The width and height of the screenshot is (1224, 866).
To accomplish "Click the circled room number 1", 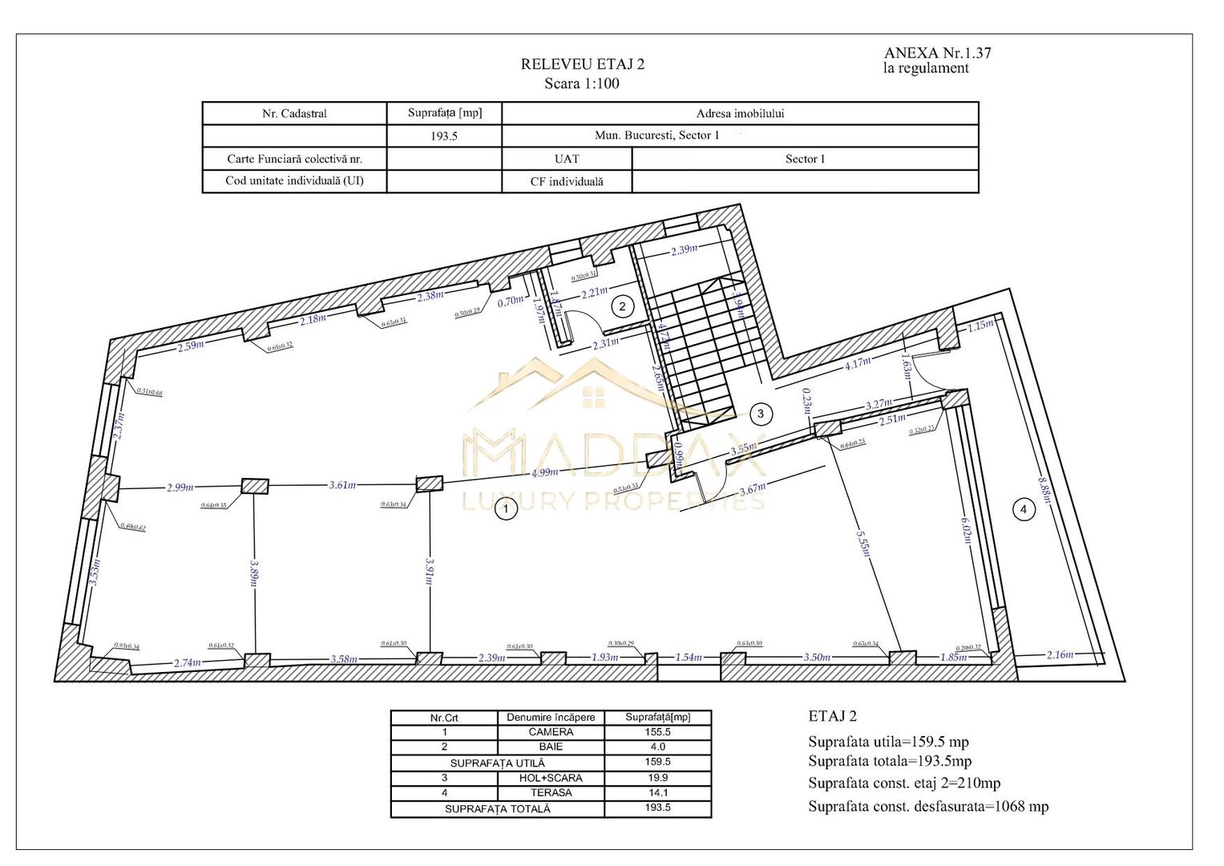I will (x=505, y=508).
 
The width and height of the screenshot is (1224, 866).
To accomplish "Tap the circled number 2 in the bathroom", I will (x=622, y=306).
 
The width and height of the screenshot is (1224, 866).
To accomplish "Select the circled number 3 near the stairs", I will (x=760, y=414).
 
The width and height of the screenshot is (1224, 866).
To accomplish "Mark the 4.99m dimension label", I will (x=546, y=472).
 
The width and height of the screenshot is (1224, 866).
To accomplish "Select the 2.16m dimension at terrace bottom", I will (x=1060, y=654).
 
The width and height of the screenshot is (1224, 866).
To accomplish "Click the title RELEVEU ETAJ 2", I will (x=582, y=65).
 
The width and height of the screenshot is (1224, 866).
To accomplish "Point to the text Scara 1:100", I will (x=582, y=83).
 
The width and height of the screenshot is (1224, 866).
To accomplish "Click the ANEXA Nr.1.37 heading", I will (x=937, y=53).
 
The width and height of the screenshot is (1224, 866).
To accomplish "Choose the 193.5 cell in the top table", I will (x=443, y=136).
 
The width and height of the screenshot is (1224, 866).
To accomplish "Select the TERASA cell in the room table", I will (x=551, y=792).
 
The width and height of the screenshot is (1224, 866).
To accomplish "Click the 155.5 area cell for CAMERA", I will (x=657, y=732).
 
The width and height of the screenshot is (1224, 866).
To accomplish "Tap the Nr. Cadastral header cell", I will (x=294, y=114).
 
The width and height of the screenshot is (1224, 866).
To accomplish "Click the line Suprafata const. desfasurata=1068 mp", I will (x=927, y=807).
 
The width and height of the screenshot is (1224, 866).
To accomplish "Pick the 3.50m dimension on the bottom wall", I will (x=817, y=657).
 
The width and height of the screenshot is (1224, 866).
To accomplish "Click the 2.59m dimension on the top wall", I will (x=191, y=346).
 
